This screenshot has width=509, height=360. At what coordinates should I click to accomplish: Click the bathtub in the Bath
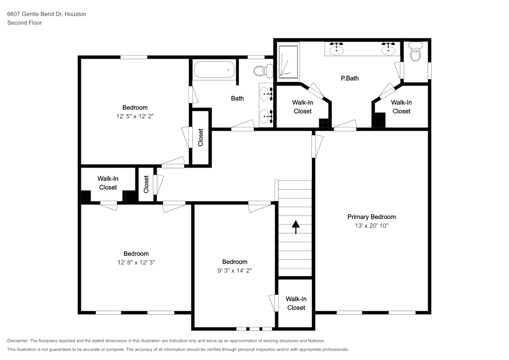tap(214, 70)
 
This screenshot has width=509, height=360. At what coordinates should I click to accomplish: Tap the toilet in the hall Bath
tap(264, 71)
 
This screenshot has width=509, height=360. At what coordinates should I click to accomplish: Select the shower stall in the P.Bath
tap(288, 62)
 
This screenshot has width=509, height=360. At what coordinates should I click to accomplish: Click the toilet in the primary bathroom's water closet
tap(415, 51)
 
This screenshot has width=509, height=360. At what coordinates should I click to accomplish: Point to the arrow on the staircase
tap(295, 227)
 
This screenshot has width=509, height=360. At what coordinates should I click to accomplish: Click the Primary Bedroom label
tap(372, 217)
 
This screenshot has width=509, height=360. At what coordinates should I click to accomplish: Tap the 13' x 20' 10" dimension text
tap(372, 226)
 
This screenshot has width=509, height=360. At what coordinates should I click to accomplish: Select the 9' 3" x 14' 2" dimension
tap(235, 270)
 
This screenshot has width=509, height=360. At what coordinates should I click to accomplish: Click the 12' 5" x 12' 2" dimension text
tap(135, 116)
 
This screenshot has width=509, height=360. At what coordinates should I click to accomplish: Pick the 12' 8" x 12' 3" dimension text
tap(136, 262)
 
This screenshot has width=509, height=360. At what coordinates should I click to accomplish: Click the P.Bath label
tap(350, 78)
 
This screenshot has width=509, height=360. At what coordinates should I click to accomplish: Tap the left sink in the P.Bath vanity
tap(336, 49)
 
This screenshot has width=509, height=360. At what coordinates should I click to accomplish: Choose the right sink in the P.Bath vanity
tap(388, 49)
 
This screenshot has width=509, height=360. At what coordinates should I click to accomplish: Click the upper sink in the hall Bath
tap(266, 94)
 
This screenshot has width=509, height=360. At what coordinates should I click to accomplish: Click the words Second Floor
tap(24, 23)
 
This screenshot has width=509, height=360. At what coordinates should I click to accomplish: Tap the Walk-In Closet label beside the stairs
tap(296, 303)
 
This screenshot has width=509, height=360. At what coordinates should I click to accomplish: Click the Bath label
tap(237, 98)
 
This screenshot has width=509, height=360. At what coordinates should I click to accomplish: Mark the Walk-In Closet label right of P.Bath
tap(402, 107)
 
